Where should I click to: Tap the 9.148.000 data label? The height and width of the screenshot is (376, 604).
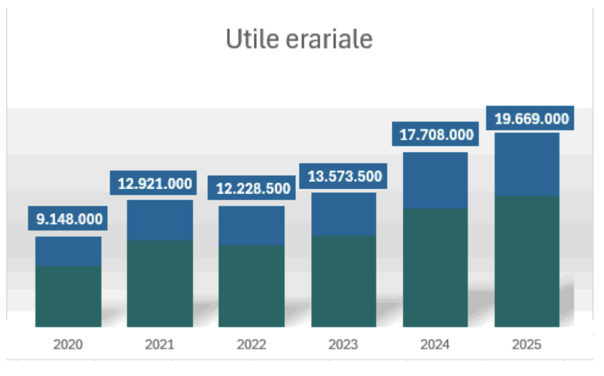pos(68,219)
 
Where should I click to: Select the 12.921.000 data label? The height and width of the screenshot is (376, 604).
pos(154,183)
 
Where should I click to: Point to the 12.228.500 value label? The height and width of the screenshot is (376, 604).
pos(252,189)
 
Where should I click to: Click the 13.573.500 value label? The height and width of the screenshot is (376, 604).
pos(344,176)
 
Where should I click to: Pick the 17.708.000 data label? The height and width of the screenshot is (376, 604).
pos(436,135)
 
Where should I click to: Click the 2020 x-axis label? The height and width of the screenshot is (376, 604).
pos(68,345)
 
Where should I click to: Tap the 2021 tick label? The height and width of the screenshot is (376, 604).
pos(159,345)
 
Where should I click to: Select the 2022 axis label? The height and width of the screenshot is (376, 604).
pos(251,345)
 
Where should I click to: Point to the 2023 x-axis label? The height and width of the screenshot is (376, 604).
pos(343,345)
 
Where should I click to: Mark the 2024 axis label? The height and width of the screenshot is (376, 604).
pos(435,345)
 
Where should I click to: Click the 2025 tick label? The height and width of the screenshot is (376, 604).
pos(527,345)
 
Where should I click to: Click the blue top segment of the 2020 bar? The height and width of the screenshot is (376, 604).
pos(68,251)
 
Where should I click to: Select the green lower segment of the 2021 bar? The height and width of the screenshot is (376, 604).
pos(160,283)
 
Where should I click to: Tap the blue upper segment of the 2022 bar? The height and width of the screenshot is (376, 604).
pos(251,226)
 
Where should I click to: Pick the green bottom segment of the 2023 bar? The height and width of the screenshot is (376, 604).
pos(343,281)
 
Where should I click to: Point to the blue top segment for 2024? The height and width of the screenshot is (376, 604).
pos(435,181)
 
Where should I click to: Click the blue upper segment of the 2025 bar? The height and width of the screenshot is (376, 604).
pos(527,165)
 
